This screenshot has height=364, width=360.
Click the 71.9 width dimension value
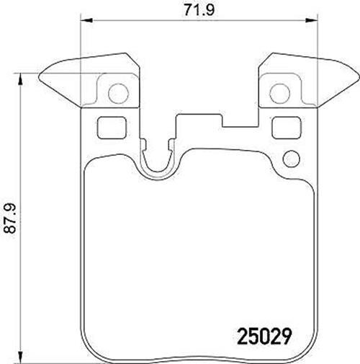point(199,10)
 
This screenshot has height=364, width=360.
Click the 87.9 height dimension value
point(10,218)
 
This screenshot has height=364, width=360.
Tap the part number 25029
point(264,336)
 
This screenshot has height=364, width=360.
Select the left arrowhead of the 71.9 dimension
point(86,20)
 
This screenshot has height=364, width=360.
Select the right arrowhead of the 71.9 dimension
point(311,20)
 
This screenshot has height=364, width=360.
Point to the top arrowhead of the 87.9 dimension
point(20,79)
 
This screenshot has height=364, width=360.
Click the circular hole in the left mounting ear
point(119,94)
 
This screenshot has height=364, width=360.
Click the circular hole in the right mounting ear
point(280,94)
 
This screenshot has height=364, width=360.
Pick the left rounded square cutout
point(112,128)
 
